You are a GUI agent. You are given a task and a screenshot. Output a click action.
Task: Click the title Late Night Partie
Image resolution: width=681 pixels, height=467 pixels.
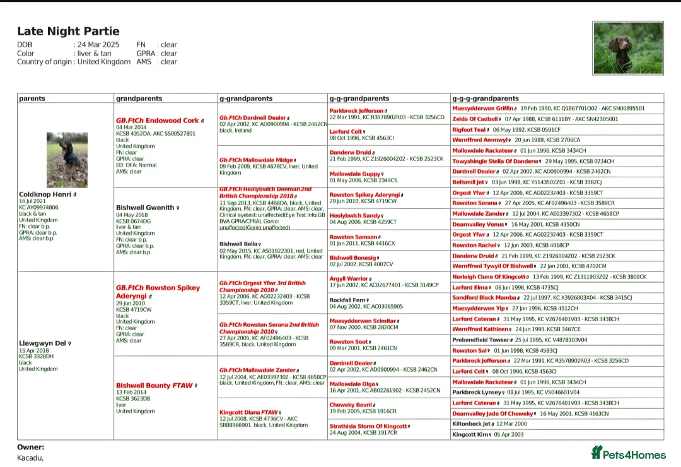coord(68,32)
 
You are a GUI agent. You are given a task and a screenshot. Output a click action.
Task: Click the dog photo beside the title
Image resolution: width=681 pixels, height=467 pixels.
coord(627,48)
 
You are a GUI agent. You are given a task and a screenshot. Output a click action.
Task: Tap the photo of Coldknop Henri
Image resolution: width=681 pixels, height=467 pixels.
coord(67,160)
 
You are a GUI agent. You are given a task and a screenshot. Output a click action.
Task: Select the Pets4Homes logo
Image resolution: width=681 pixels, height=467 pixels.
coord(628,453)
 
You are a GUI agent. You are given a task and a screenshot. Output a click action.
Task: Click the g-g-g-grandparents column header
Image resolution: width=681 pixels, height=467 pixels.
coord(486,98)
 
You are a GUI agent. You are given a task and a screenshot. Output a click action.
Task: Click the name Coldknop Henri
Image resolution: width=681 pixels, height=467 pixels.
coord(45,194)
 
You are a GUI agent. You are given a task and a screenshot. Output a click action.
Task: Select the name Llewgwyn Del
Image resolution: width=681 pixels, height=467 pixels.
coord(42,343)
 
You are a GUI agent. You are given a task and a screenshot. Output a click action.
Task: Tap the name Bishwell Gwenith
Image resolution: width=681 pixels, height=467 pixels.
coord(145,208)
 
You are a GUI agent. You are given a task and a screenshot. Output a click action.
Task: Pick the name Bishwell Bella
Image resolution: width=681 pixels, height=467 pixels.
coord(238,244)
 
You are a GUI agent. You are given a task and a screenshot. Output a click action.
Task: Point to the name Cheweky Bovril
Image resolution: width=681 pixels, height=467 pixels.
coord(351,405)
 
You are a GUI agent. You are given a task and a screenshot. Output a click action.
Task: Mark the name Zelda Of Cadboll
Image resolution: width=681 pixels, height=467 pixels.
coord(475,119)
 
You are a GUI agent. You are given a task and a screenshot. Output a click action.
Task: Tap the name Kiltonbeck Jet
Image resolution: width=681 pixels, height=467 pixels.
coord(472,423)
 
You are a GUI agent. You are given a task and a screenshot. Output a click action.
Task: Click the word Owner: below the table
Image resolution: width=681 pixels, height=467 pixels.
coord(30,447)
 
